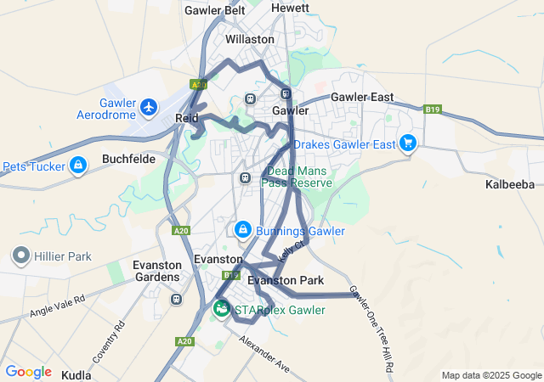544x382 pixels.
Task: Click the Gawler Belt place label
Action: click(214, 10)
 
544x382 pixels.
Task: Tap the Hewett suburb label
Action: click(290, 8)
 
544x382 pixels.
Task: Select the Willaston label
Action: click(249, 39)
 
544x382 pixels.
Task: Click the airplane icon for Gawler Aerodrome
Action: click(150, 108)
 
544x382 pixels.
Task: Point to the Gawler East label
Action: click(361, 97)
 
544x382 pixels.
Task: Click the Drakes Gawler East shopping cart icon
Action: click(408, 143)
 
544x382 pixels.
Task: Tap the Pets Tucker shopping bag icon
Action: click(78, 165)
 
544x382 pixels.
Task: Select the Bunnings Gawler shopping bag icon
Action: click(243, 230)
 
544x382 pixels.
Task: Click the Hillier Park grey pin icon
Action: click(20, 255)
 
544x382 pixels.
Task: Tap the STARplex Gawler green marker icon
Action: click(221, 309)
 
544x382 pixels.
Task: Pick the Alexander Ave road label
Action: click(264, 353)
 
